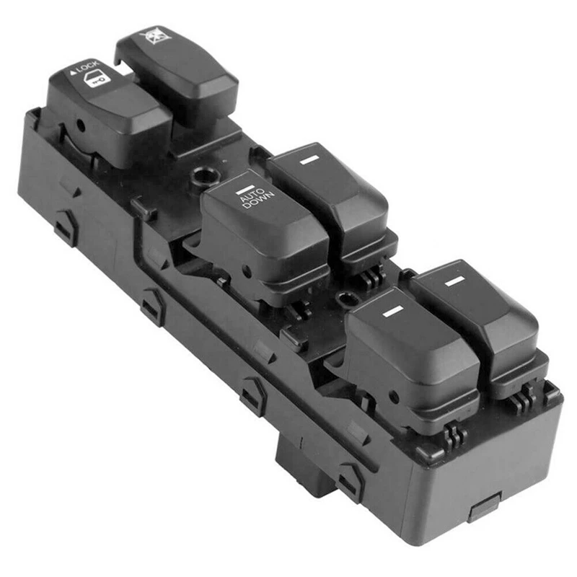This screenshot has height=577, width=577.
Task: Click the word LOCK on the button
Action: pos(88,67)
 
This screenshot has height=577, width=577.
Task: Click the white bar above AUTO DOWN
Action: pos(246,188)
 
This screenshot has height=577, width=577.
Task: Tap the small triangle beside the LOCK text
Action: pos(73,73)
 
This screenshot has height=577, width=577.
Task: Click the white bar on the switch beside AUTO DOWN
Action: pos(309,159)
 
